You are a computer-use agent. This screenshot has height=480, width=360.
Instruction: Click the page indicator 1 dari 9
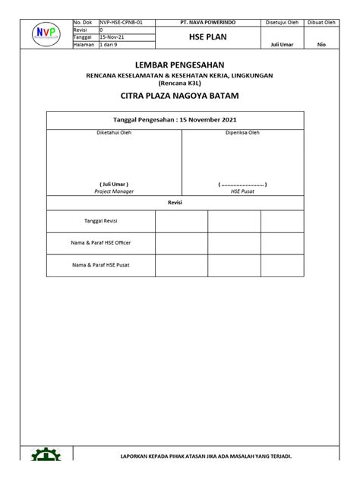click(110, 44)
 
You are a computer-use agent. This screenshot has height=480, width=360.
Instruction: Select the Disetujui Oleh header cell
click(280, 24)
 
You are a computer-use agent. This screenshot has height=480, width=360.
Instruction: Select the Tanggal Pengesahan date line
click(175, 120)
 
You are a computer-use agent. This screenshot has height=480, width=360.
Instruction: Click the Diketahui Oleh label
click(114, 133)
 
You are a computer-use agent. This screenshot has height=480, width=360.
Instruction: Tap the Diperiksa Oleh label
click(242, 133)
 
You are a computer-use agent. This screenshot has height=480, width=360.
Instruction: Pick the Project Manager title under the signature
click(114, 191)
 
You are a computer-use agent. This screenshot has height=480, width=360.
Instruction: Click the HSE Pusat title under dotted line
click(242, 191)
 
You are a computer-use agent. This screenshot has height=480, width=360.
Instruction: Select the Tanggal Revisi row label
click(101, 221)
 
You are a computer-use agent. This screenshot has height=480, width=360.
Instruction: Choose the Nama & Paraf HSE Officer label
click(101, 243)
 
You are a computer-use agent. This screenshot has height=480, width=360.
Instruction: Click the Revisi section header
click(175, 203)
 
